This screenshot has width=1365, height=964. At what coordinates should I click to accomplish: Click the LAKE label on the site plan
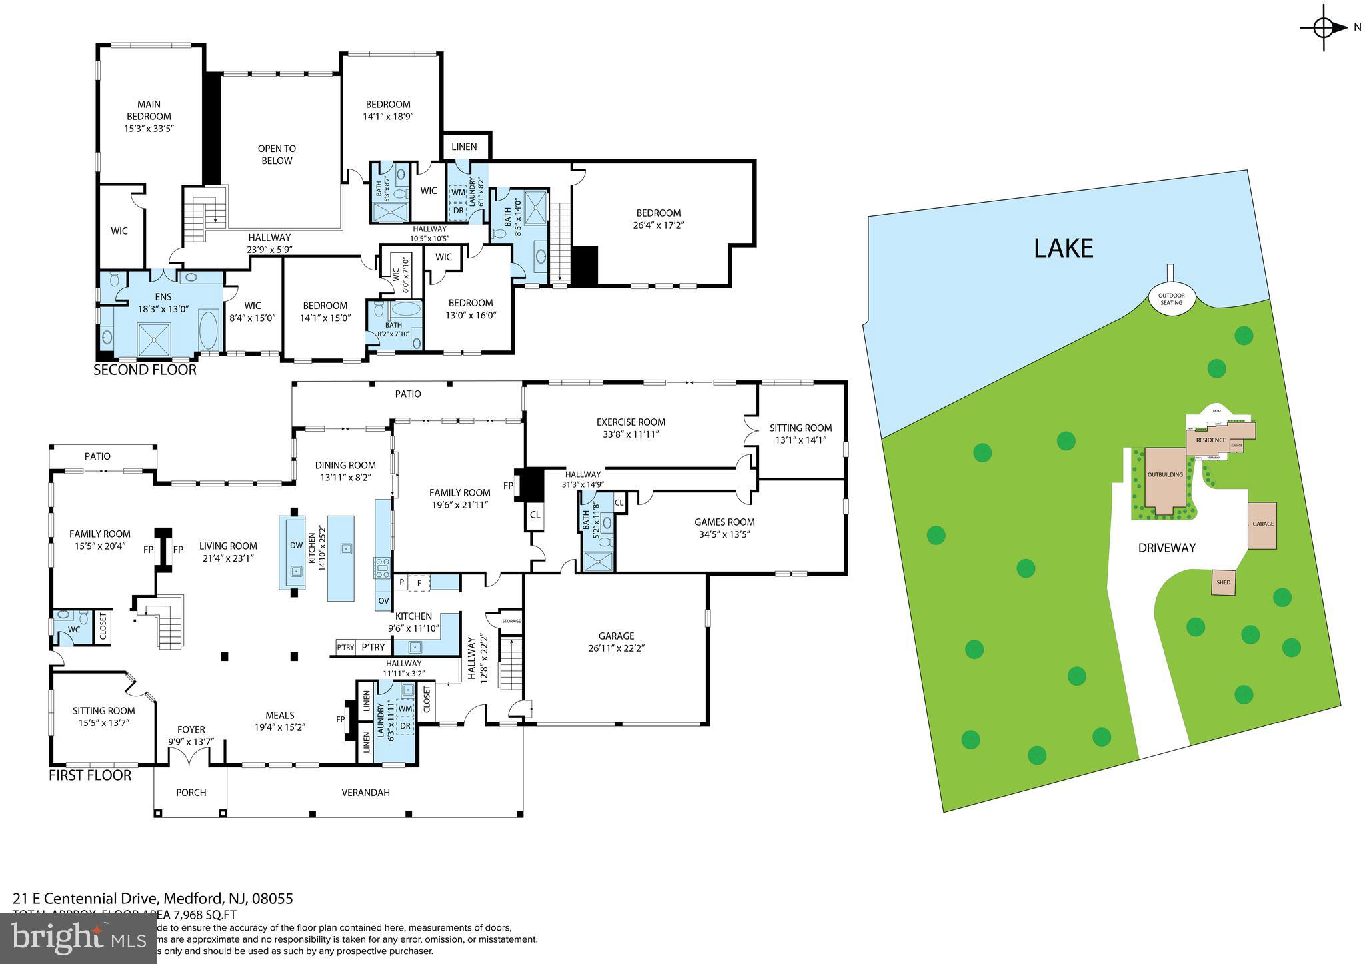pos(1063,248)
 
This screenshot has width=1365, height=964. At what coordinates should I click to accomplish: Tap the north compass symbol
pos(1324,27)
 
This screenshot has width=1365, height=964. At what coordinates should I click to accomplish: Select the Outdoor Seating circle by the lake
pos(1171,299)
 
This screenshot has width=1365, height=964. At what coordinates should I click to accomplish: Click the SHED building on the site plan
pos(1223,582)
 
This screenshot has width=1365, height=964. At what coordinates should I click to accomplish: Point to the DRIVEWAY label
pos(1166,548)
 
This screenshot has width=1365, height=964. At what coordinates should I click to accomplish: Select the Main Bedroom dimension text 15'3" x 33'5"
pos(149,128)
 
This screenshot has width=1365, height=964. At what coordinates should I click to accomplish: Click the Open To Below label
pos(277,155)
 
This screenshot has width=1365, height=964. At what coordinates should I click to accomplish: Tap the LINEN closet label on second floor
pos(464,147)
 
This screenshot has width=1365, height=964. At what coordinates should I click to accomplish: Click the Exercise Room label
pos(630,422)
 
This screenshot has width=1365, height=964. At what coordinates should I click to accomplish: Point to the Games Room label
pos(724,522)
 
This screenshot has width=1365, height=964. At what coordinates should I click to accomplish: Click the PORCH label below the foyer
pos(191,793)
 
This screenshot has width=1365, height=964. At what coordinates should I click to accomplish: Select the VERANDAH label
pos(365,793)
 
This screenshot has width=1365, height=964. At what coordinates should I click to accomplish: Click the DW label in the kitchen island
pos(296,545)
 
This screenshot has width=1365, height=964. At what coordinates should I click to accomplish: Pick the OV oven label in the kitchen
pos(383,600)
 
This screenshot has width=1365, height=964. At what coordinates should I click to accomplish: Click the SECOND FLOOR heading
pos(145,370)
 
